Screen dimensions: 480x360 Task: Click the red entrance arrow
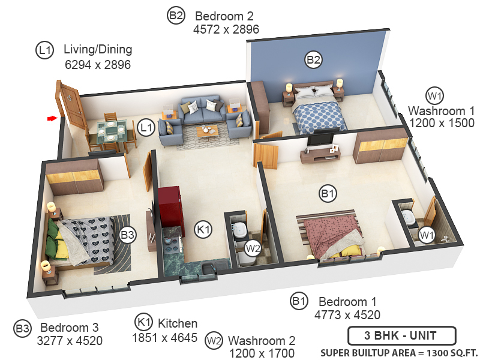[x=52, y=118]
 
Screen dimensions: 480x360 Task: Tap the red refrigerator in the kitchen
[x=169, y=207]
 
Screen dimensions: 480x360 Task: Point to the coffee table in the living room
[x=208, y=131]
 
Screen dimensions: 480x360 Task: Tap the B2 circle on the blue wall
[x=313, y=59]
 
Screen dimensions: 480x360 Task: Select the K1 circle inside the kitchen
[x=203, y=229]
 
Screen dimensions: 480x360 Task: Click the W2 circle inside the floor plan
[x=253, y=248]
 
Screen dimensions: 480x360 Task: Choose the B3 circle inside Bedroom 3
[x=127, y=235]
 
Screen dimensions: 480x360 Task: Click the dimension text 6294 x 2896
[x=98, y=65]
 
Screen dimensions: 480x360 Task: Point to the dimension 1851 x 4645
[x=164, y=338]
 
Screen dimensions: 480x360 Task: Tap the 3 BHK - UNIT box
[x=402, y=335]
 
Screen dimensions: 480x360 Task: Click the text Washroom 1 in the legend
[x=441, y=111]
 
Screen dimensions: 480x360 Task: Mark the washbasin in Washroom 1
[x=407, y=218]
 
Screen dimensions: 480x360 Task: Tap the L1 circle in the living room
[x=146, y=128]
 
